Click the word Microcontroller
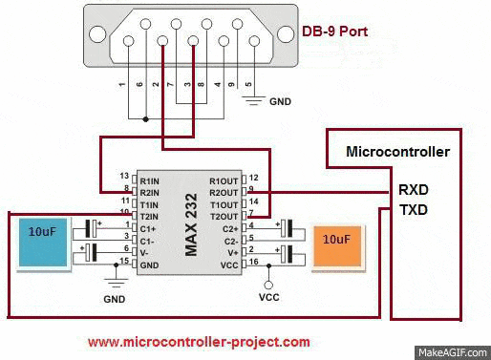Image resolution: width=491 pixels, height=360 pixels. [x=396, y=151]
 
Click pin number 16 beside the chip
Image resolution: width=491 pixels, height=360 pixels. [x=252, y=262]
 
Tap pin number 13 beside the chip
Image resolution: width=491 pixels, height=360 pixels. [x=123, y=176]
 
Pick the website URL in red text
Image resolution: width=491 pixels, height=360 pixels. [x=199, y=341]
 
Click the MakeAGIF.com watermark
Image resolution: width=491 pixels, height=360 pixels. [x=456, y=351]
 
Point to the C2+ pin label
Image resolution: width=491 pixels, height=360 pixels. [x=228, y=227]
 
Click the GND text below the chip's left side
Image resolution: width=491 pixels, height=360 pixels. [x=115, y=298]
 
